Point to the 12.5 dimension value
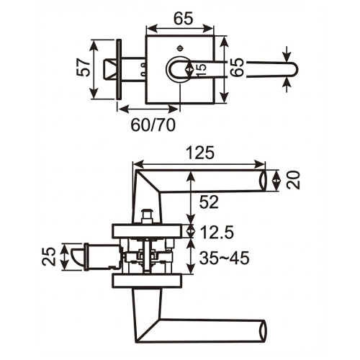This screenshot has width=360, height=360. [219, 232]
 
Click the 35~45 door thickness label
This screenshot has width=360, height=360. [224, 258]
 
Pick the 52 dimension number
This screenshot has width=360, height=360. [209, 204]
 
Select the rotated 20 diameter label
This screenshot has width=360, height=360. [292, 180]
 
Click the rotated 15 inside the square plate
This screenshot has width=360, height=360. [202, 69]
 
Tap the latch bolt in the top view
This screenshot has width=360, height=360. [110, 70]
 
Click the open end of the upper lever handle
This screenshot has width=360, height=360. [264, 181]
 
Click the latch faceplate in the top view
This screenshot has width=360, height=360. [119, 70]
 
